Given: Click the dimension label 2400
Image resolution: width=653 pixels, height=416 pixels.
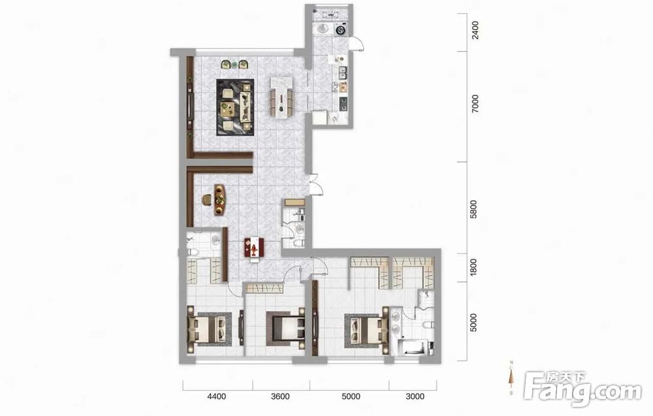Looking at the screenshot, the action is [x=475, y=31].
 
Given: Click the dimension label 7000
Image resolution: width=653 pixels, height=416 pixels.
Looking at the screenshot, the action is [x=475, y=103].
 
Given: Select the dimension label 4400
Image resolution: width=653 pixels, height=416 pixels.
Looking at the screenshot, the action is [x=217, y=396].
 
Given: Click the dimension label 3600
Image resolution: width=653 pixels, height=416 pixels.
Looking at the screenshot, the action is [x=280, y=396].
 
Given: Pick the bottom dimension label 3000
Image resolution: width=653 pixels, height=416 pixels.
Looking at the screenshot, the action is [x=415, y=396].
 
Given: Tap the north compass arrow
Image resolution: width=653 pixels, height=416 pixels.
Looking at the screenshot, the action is [x=511, y=377].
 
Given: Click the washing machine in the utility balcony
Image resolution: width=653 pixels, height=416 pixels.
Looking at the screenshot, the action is [x=342, y=30].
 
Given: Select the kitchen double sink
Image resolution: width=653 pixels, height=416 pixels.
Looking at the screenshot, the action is [x=343, y=73].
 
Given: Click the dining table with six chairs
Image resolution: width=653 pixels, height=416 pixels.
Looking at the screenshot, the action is [x=281, y=95].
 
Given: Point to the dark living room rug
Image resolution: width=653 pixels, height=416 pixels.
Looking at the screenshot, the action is [x=235, y=107].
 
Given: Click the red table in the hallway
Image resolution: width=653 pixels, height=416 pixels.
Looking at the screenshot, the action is [x=254, y=248].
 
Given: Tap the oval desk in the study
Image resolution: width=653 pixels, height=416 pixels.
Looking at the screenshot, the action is [x=219, y=199].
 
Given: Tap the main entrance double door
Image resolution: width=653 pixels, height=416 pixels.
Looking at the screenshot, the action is [x=315, y=184].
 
